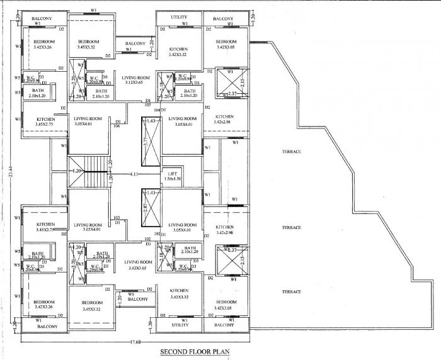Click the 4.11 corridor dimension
point(134,173)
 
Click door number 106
point(117,126)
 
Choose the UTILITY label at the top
point(180,17)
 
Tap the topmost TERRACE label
point(291,152)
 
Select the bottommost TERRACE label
point(291,292)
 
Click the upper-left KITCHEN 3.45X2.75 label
point(46,122)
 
